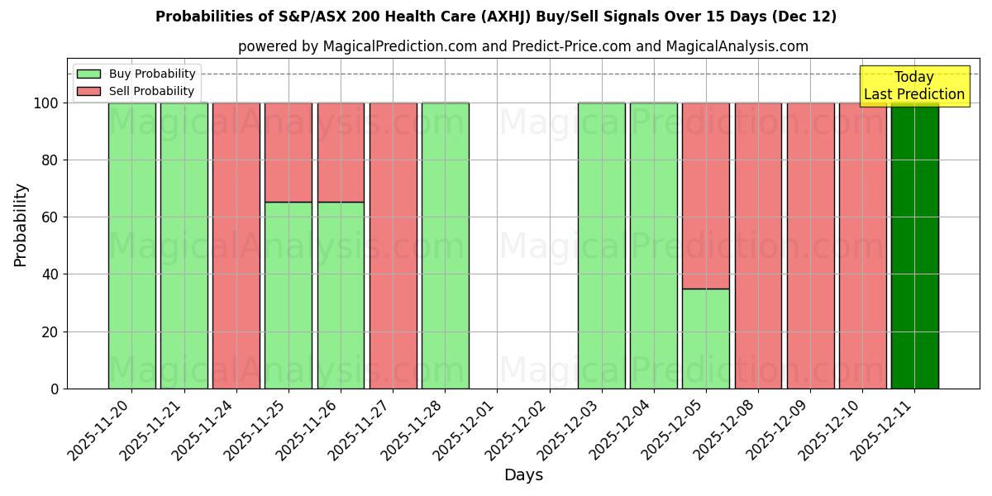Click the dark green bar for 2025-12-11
click(x=914, y=246)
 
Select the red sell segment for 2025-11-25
click(x=289, y=152)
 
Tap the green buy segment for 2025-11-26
click(x=341, y=295)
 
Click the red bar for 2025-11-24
click(x=236, y=246)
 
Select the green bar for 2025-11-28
click(x=445, y=246)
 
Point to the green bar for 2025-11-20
click(x=132, y=246)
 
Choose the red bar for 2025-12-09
click(x=810, y=246)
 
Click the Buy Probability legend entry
click(x=136, y=74)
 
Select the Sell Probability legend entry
click(x=136, y=91)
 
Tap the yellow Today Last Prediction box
click(x=914, y=86)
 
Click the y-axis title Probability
click(x=21, y=225)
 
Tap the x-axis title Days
click(x=523, y=475)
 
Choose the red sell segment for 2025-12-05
click(x=706, y=195)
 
